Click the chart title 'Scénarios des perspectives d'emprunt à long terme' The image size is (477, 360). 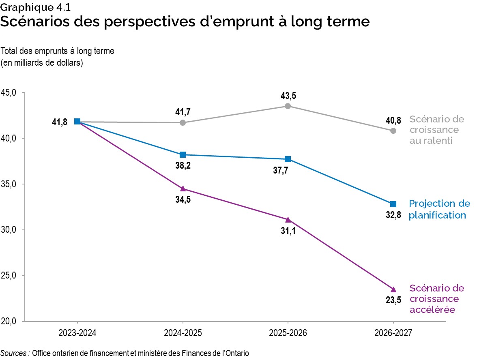(x=185, y=21)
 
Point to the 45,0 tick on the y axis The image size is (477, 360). (x=9, y=92)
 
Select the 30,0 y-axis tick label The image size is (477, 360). (x=9, y=230)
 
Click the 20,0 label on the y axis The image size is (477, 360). (x=9, y=321)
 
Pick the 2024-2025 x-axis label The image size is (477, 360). (x=183, y=333)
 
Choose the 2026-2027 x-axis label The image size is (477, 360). (x=393, y=333)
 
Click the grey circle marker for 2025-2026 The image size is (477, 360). (x=288, y=106)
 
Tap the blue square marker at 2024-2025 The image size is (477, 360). (x=183, y=154)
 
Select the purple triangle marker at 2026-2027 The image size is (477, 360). (x=393, y=289)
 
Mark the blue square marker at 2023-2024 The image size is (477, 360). (x=77, y=122)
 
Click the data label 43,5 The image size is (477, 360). (x=288, y=96)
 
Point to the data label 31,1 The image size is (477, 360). (x=288, y=234)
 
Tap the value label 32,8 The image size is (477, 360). (x=393, y=215)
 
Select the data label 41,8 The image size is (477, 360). (x=60, y=122)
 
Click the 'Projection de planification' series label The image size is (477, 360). (x=439, y=209)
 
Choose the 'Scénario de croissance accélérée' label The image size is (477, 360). (x=436, y=299)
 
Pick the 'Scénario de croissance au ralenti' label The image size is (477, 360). (x=436, y=130)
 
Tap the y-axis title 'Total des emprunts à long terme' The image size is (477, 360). (x=58, y=51)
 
